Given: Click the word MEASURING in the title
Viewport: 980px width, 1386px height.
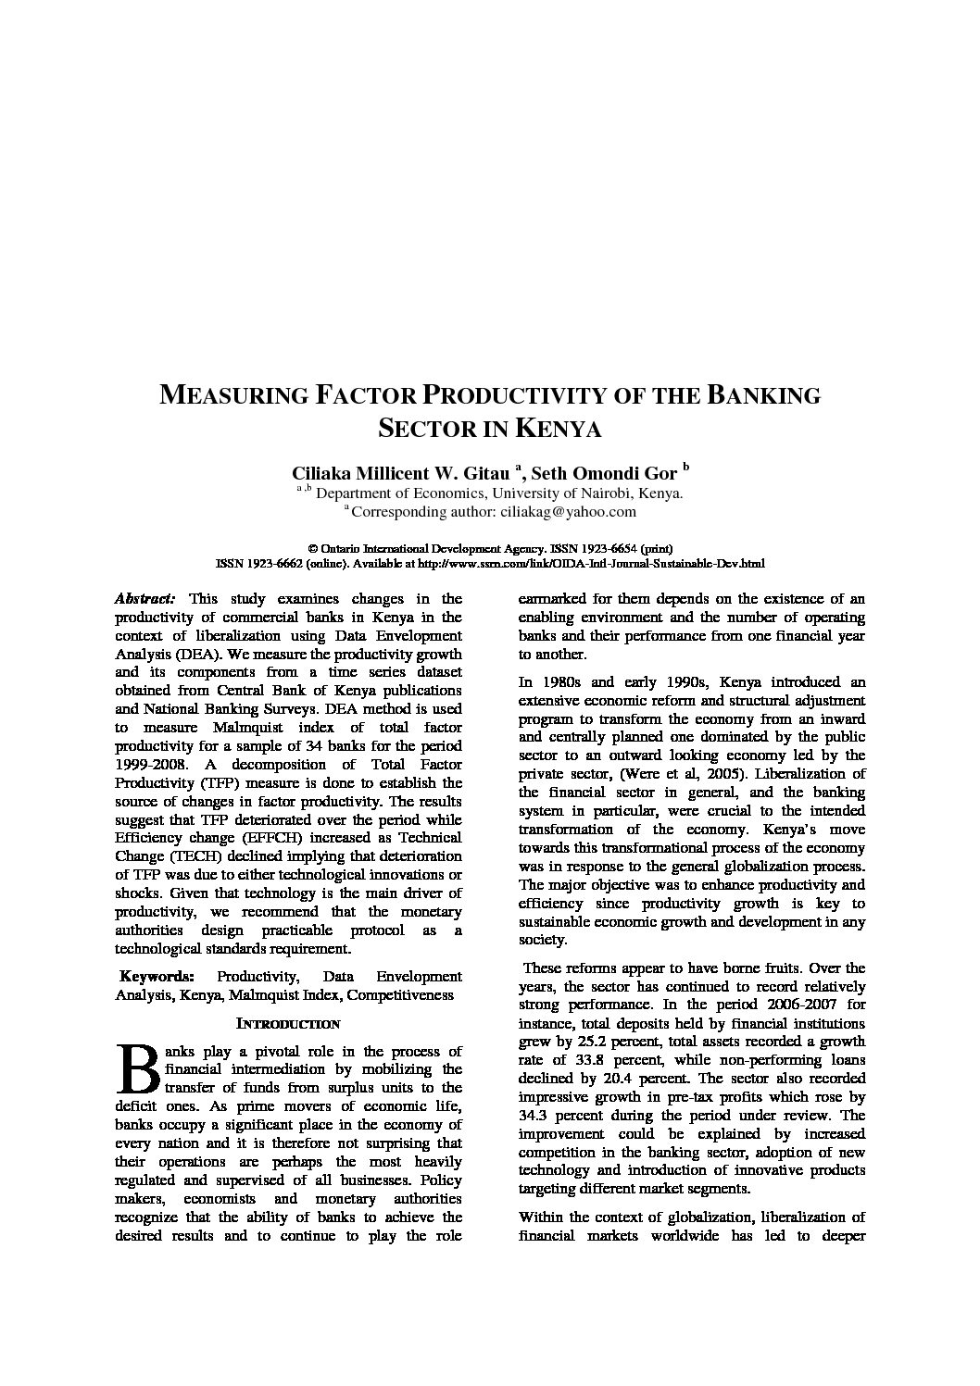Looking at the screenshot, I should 234,395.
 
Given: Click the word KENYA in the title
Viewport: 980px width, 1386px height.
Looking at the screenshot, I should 558,430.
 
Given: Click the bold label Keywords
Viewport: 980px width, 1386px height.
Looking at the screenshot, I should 157,977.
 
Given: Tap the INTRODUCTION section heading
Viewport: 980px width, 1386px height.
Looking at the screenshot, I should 288,1024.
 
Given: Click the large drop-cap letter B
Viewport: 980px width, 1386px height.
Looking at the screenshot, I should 136,1068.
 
